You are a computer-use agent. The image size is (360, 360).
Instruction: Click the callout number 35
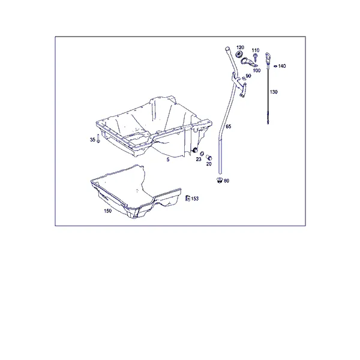92,140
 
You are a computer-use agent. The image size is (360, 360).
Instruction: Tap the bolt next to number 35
98,139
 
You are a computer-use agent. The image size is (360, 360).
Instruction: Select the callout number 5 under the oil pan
168,160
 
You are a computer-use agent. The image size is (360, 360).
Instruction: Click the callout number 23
199,159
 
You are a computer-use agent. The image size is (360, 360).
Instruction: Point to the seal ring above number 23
202,154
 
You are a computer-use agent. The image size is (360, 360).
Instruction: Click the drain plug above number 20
209,157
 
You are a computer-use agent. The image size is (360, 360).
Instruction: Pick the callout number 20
209,164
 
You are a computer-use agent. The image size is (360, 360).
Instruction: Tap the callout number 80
226,181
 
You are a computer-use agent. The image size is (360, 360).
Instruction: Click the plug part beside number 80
220,180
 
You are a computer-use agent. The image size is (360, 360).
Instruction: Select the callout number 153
194,199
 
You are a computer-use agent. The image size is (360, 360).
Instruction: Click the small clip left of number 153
188,198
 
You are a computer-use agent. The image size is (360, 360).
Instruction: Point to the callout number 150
107,211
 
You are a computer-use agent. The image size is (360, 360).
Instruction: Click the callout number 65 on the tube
229,126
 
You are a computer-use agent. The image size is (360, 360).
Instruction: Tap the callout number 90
248,76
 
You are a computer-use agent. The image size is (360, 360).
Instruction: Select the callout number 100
257,70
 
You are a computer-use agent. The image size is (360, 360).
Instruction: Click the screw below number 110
255,58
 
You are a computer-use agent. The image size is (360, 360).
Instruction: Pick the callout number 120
240,47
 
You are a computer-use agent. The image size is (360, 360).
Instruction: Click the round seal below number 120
239,54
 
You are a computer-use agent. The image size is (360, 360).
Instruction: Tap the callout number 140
282,66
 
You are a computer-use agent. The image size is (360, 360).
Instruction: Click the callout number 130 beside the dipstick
274,92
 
